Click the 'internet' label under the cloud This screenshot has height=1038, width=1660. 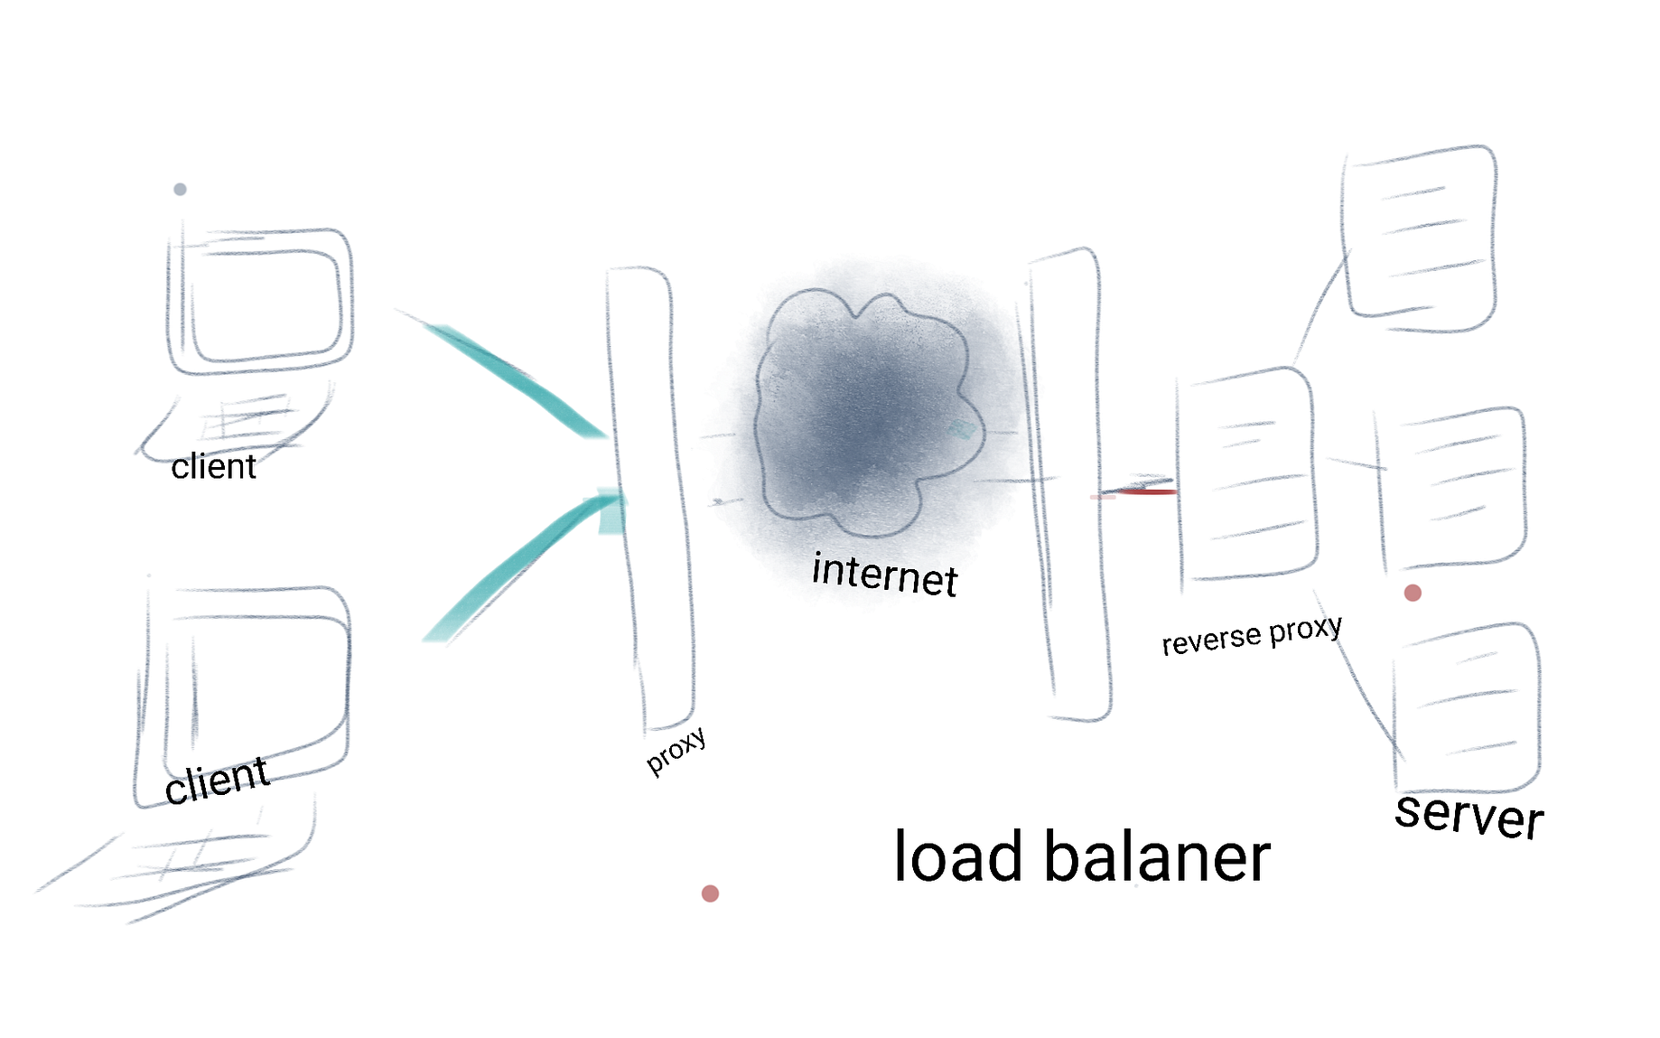click(x=884, y=575)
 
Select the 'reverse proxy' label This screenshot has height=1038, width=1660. click(x=1251, y=635)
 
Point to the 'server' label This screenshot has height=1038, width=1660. click(x=1469, y=815)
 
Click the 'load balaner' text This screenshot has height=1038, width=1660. click(x=1081, y=856)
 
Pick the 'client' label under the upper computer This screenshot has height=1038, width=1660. click(x=214, y=467)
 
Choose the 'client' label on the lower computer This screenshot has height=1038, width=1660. click(x=217, y=780)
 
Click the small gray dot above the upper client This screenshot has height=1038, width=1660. click(x=180, y=189)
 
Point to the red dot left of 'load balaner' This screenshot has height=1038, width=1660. click(x=710, y=893)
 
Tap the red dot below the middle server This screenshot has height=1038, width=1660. click(x=1413, y=593)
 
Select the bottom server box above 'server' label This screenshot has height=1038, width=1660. click(x=1467, y=709)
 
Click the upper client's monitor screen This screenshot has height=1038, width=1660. click(x=266, y=303)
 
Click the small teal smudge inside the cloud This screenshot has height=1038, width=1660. click(x=962, y=430)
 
